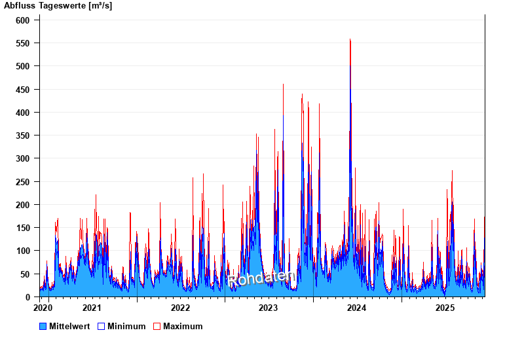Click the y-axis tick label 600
click(x=23, y=20)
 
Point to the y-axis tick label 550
click(x=23, y=43)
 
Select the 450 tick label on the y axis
click(x=23, y=90)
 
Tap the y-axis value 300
click(x=23, y=159)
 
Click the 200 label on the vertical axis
click(x=23, y=205)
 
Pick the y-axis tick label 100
click(x=23, y=251)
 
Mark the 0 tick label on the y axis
click(x=28, y=297)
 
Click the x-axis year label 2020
click(x=43, y=308)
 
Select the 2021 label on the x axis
click(x=92, y=308)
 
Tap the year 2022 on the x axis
click(x=180, y=308)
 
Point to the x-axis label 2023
click(x=269, y=308)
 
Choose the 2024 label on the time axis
click(x=356, y=308)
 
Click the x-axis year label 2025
click(x=445, y=308)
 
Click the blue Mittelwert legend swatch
click(x=43, y=326)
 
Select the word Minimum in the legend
click(x=126, y=326)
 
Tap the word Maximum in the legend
click(x=183, y=326)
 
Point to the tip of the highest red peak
click(x=350, y=39)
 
